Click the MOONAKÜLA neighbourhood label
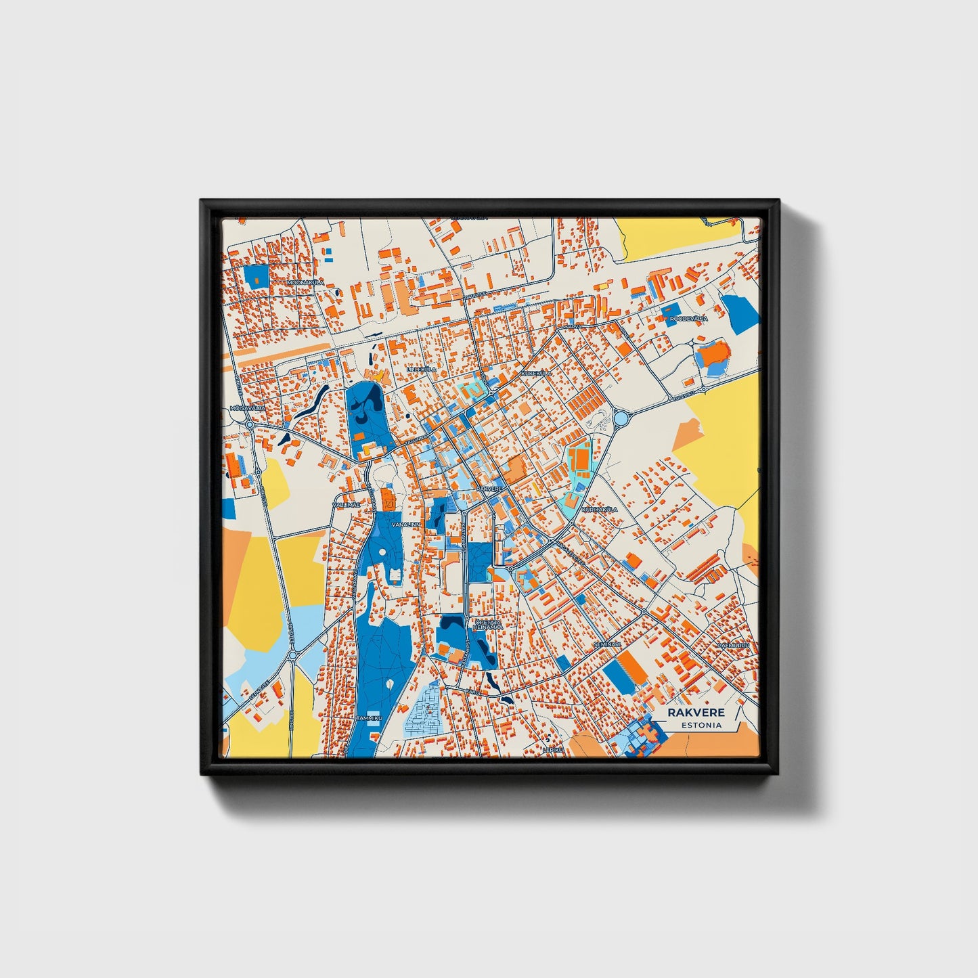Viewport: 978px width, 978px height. tap(306, 282)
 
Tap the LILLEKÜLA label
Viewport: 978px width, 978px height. tap(422, 370)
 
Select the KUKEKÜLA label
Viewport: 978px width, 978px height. tap(537, 373)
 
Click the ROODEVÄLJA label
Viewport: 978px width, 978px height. tap(689, 318)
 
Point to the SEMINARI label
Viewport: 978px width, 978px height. tap(606, 644)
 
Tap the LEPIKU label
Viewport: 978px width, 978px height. tap(552, 749)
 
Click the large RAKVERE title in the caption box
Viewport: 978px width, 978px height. tap(696, 713)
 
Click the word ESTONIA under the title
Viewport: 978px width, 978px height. tap(701, 726)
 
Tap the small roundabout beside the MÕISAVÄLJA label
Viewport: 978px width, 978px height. tap(249, 424)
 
